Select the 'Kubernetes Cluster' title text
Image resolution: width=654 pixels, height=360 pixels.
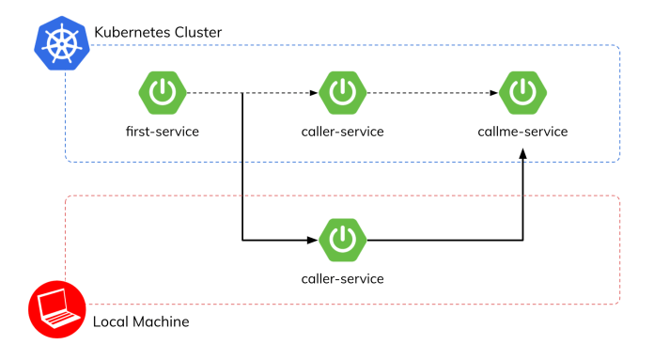pos(157,33)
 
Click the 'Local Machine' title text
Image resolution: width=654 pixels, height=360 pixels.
pos(141,322)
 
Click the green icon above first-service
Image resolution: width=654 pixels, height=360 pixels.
pos(162,93)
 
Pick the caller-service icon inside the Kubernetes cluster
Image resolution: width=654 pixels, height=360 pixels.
pos(342,93)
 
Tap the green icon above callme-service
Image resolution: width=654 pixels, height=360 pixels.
pos(522,93)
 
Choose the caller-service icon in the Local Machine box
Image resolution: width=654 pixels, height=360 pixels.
pos(342,241)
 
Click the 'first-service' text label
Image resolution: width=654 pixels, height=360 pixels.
pos(162,132)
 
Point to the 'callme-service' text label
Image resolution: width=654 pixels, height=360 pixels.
pos(522,132)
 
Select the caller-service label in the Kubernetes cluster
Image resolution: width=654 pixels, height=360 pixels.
pos(342,132)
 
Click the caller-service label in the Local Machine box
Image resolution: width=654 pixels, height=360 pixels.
pos(342,279)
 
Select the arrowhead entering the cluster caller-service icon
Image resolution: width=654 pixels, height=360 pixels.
pos(314,93)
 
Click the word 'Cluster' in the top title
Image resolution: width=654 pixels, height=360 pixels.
pos(195,33)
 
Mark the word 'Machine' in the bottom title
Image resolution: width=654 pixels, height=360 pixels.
pos(161,322)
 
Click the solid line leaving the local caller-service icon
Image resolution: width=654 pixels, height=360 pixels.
pos(442,241)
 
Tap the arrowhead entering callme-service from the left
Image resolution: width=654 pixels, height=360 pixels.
pos(493,93)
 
